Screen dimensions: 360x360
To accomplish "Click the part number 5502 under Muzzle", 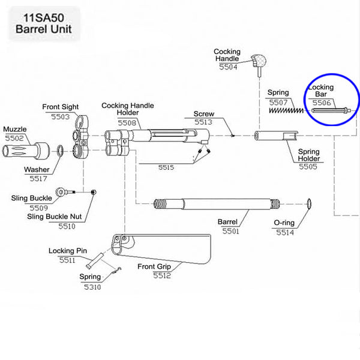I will [16, 137].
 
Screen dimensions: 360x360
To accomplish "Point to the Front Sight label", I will [59, 107].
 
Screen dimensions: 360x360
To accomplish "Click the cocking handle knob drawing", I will [260, 61].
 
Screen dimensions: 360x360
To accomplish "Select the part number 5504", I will [227, 68].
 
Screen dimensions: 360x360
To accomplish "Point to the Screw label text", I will [203, 113].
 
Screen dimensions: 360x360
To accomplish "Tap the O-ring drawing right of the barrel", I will [309, 204].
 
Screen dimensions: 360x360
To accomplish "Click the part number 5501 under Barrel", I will [230, 230].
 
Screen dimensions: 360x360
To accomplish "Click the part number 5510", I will [67, 226].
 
